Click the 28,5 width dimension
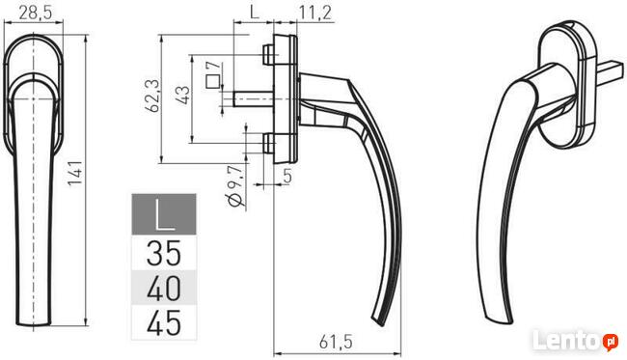point(35,13)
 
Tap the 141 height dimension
point(75,173)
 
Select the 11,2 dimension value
point(315,13)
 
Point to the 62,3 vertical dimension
point(152,96)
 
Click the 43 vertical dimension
point(183,95)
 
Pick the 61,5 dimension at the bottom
point(336,343)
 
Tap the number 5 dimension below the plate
point(287,176)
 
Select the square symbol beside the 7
point(213,81)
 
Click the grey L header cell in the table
point(164,214)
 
